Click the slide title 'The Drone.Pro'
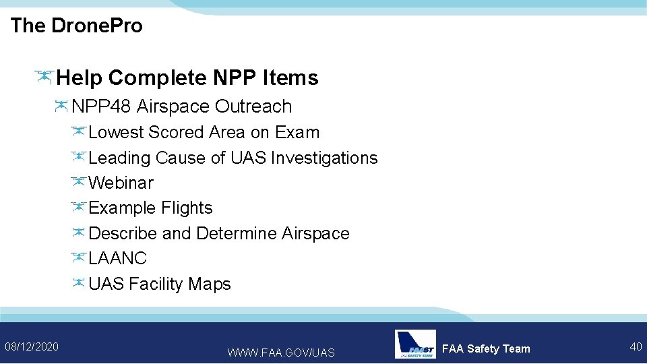(77, 26)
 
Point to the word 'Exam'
(297, 132)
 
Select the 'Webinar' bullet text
(121, 183)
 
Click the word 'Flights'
(187, 208)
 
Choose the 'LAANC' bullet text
(117, 258)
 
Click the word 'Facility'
(156, 284)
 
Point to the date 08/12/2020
(32, 346)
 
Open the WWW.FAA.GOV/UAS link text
(281, 353)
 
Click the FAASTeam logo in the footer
(415, 344)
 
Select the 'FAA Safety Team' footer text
(486, 348)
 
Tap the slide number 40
(635, 346)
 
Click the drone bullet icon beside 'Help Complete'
(44, 77)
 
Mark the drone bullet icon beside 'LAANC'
(78, 257)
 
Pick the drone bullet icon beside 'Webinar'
(78, 182)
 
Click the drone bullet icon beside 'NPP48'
(61, 106)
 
